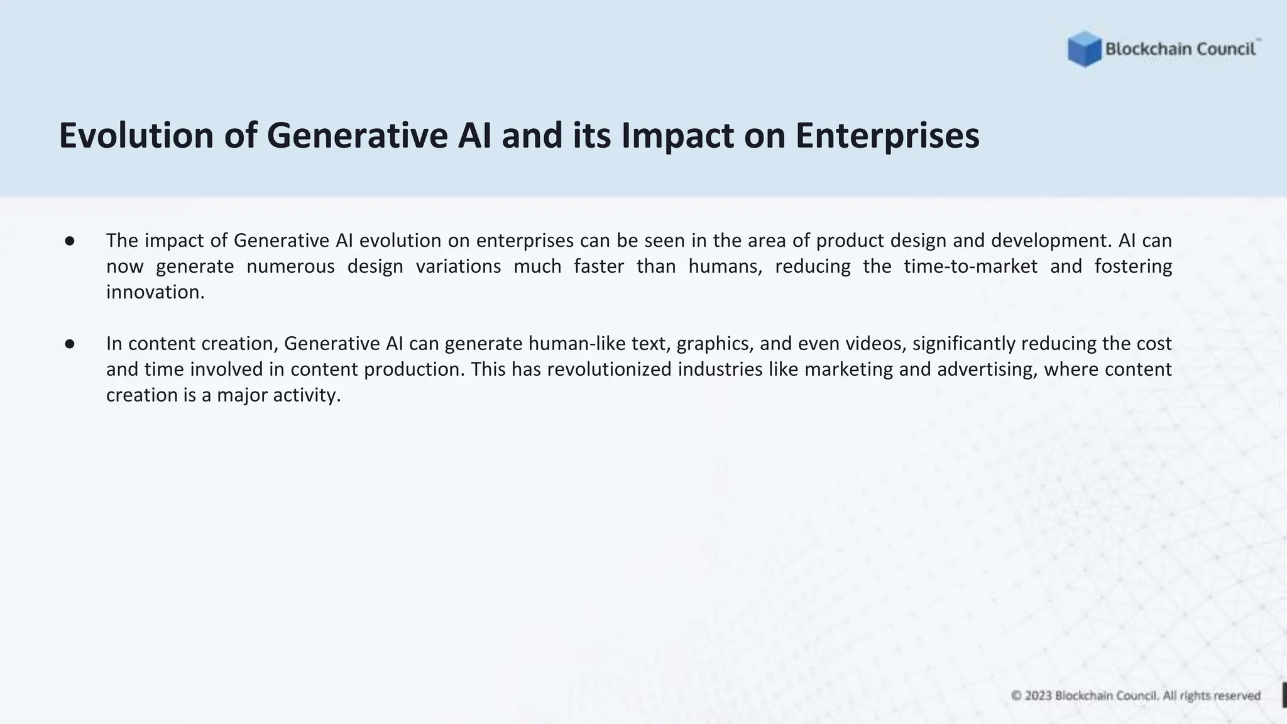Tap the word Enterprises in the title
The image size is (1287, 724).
[x=887, y=136]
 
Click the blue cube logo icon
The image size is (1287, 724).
[x=1084, y=49]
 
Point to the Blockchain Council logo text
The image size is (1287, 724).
[x=1180, y=49]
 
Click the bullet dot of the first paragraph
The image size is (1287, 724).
[x=70, y=241]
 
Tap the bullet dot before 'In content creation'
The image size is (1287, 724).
[x=70, y=344]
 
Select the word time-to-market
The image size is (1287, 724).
[x=970, y=266]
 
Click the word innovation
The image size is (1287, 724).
[x=155, y=292]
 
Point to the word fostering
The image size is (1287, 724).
[x=1133, y=266]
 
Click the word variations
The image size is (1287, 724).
[x=458, y=266]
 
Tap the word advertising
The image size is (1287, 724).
[x=987, y=370]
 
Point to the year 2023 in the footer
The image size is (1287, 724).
[x=1038, y=696]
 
